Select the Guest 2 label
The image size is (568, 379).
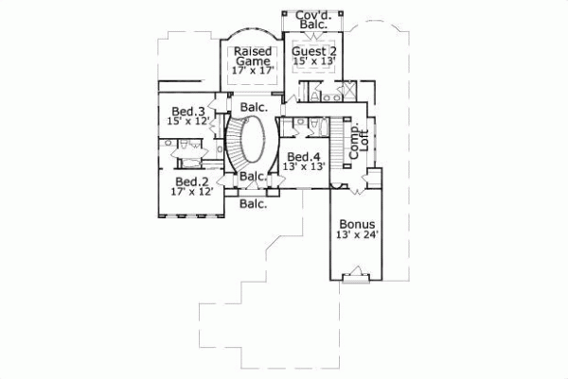[313, 50]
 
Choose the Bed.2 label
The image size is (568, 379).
[191, 181]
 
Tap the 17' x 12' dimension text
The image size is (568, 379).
[192, 192]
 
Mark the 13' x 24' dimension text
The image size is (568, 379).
[357, 236]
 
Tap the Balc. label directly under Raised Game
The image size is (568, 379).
[252, 107]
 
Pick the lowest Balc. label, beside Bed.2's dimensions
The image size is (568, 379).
[252, 202]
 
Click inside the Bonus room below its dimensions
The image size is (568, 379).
[357, 257]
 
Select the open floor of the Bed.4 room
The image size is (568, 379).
[305, 180]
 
